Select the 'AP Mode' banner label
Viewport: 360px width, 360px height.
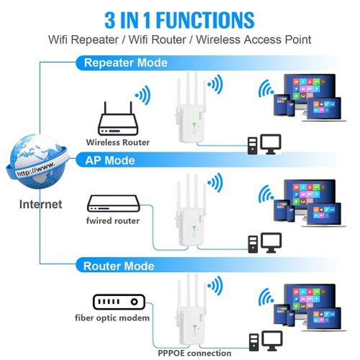pyautogui.click(x=109, y=160)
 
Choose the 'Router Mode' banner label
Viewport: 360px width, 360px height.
pyautogui.click(x=119, y=266)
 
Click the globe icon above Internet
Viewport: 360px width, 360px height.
pyautogui.click(x=37, y=162)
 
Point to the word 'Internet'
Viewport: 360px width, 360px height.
pyautogui.click(x=40, y=204)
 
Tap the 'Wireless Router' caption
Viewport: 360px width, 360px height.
pyautogui.click(x=117, y=143)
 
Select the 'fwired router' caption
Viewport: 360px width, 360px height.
pyautogui.click(x=114, y=220)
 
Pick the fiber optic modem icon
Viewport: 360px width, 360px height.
pyautogui.click(x=118, y=302)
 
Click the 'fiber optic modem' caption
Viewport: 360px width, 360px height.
pyautogui.click(x=113, y=318)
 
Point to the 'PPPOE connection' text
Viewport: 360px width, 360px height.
pyautogui.click(x=194, y=353)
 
